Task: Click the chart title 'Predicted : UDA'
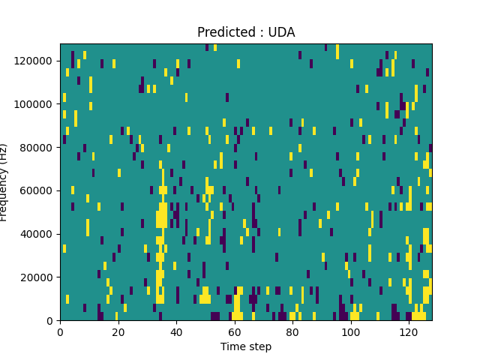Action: point(246,32)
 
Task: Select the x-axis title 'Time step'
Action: point(246,346)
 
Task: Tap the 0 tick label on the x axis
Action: point(60,331)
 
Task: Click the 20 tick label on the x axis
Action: point(118,331)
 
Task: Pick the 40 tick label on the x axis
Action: point(176,331)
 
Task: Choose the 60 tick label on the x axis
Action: point(234,331)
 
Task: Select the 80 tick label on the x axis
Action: point(292,331)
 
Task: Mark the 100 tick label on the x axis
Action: point(350,331)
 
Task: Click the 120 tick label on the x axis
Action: point(409,331)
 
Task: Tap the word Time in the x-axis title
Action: point(232,346)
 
